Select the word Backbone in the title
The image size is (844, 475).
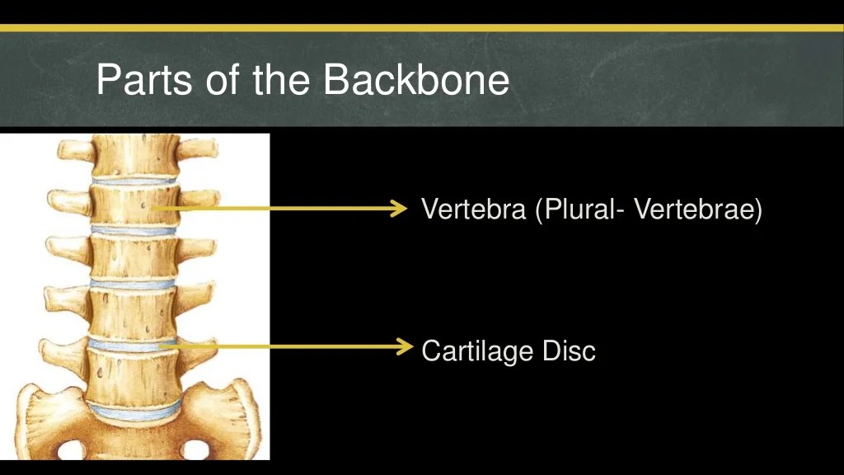tap(416, 80)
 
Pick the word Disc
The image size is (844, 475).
tap(568, 350)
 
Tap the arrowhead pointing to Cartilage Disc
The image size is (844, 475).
tap(403, 346)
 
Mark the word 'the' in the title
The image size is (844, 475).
tap(285, 80)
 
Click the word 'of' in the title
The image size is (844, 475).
tap(220, 80)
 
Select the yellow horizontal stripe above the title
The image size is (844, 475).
tap(422, 28)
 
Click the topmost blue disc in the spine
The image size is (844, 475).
tap(134, 179)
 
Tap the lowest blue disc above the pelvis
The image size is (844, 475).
tap(135, 408)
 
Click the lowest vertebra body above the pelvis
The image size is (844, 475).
tap(134, 376)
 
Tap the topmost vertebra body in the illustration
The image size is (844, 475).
tap(134, 155)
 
